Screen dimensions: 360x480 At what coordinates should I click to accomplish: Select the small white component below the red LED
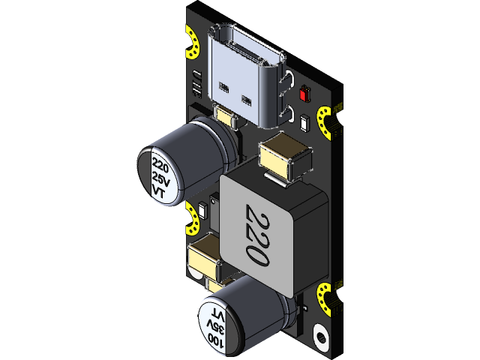[x=304, y=123]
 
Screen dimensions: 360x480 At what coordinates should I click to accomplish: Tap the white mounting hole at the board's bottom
[x=320, y=335]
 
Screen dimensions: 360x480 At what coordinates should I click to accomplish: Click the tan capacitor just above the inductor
[x=284, y=157]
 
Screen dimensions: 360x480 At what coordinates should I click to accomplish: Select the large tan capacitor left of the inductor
[x=202, y=258]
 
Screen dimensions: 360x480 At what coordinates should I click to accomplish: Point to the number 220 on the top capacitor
[x=159, y=163]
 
